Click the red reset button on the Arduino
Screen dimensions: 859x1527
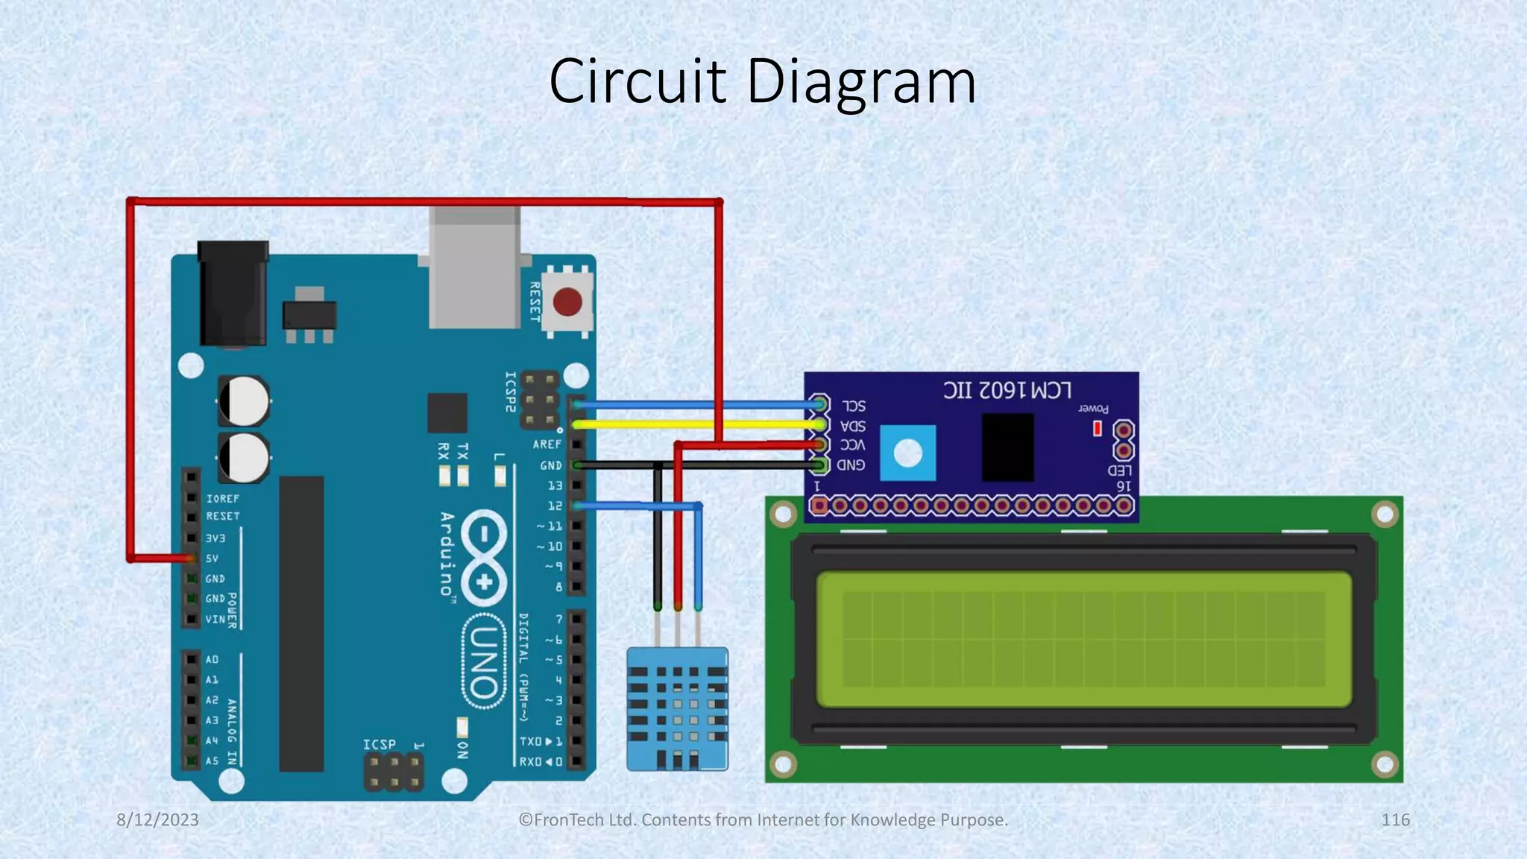click(567, 303)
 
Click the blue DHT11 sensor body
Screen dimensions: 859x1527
click(677, 708)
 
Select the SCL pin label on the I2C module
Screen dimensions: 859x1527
click(854, 406)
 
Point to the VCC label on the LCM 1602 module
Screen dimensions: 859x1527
click(852, 445)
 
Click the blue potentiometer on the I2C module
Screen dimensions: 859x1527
click(907, 453)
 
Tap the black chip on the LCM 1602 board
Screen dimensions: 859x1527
click(1007, 447)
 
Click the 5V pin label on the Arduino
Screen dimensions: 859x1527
click(212, 558)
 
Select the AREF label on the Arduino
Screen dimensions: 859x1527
click(547, 444)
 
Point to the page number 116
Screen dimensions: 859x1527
click(1395, 819)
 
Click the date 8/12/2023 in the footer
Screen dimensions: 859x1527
click(158, 819)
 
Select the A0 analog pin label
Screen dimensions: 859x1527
click(212, 659)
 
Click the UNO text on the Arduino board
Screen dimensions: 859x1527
click(484, 661)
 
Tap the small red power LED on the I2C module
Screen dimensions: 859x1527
click(1097, 429)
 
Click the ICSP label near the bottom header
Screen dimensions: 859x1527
click(379, 744)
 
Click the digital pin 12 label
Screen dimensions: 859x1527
click(555, 506)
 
